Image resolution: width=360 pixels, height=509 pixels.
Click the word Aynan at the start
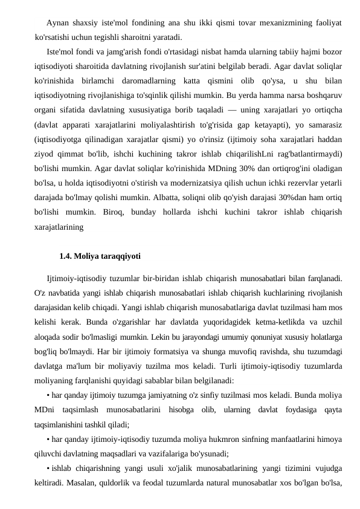click(x=57, y=23)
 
